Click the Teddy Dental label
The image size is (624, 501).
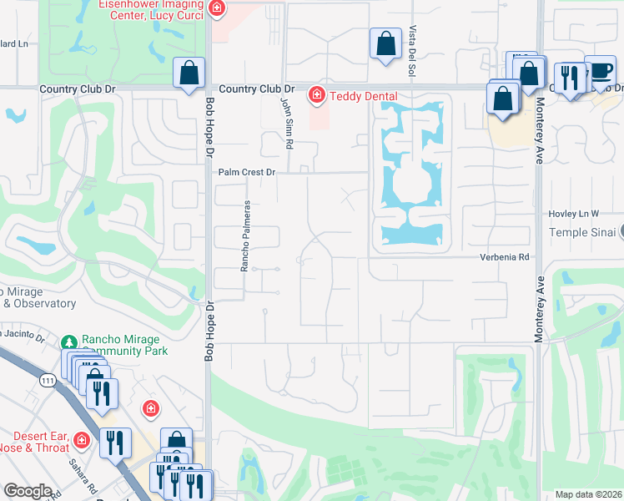coord(363,96)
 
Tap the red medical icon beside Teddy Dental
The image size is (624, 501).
coord(316,96)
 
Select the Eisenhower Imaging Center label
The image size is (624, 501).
coord(151,8)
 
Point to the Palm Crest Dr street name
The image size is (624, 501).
coord(246,172)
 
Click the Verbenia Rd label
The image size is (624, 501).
coord(505,257)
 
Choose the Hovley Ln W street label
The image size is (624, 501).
coord(575,214)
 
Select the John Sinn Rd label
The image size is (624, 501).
coord(286,123)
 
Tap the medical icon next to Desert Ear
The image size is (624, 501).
coord(82,439)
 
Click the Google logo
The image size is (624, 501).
coord(28,491)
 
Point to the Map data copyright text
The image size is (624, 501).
coord(589,494)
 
